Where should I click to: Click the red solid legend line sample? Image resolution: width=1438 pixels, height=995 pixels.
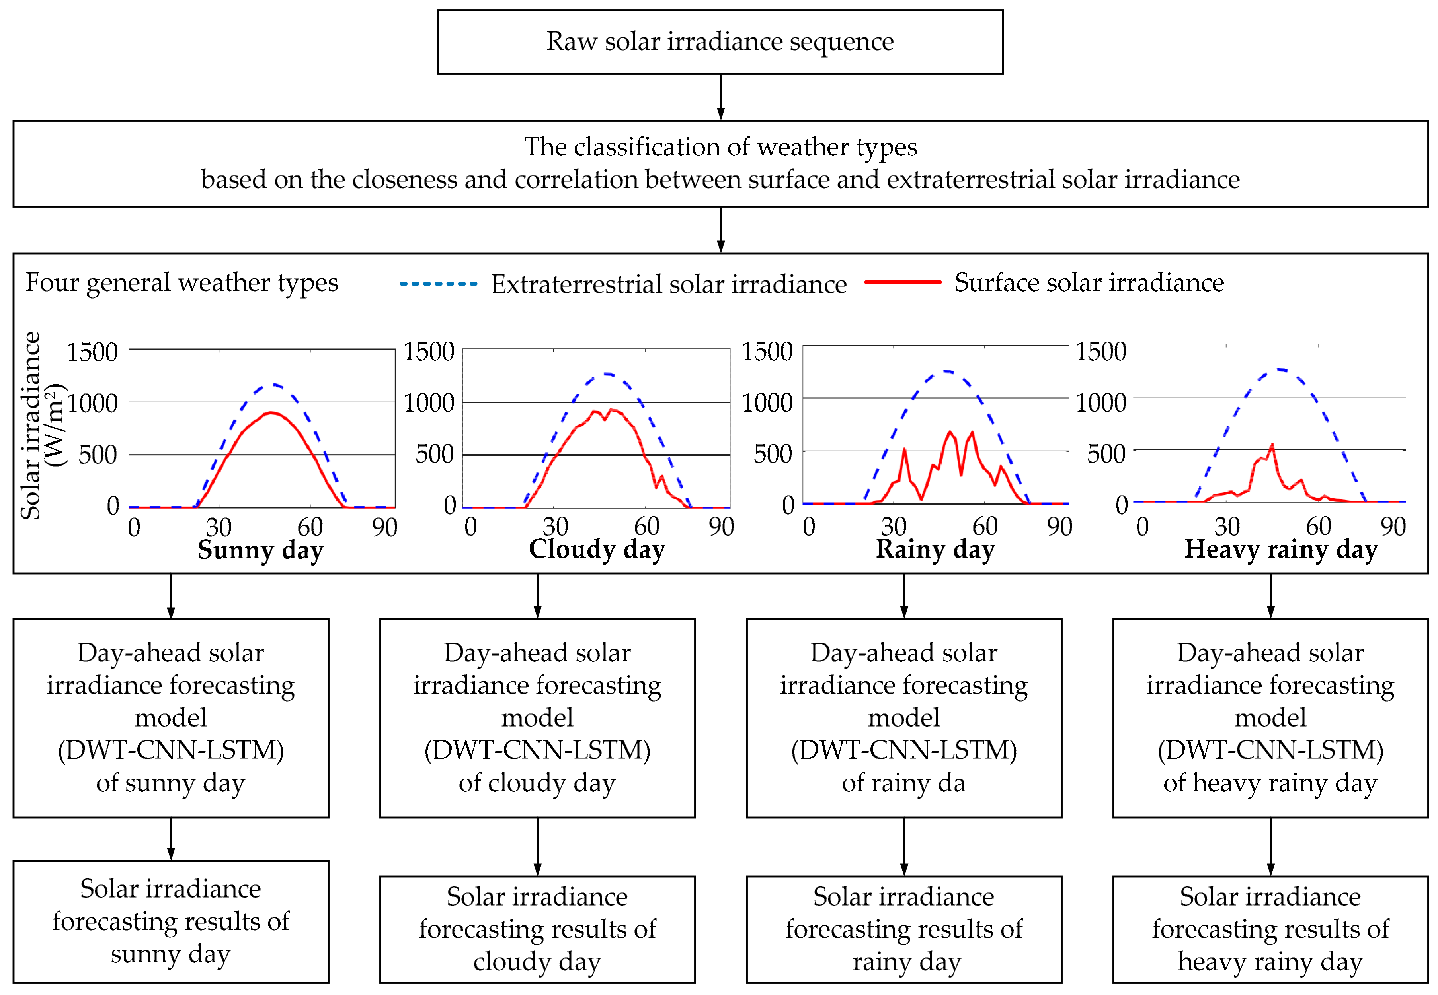pyautogui.click(x=902, y=282)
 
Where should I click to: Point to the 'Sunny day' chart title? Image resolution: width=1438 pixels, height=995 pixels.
pyautogui.click(x=260, y=550)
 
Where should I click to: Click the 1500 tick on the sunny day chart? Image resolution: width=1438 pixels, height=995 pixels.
pyautogui.click(x=92, y=352)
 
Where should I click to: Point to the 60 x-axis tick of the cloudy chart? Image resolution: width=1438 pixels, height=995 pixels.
pyautogui.click(x=646, y=527)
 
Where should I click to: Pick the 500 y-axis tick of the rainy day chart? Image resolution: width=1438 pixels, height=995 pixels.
pyautogui.click(x=773, y=454)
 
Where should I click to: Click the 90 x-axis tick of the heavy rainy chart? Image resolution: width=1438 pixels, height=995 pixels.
pyautogui.click(x=1393, y=527)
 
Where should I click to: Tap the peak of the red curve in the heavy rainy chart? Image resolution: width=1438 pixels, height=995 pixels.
pyautogui.click(x=1272, y=445)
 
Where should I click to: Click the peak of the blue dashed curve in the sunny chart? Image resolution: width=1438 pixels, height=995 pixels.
pyautogui.click(x=273, y=384)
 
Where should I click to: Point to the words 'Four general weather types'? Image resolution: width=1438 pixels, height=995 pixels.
pyautogui.click(x=181, y=282)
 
